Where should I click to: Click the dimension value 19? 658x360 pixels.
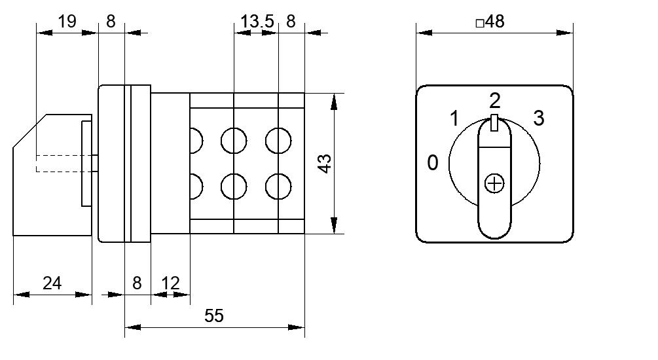click(67, 21)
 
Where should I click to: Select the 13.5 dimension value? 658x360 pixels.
click(257, 21)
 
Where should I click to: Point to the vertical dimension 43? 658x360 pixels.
click(325, 164)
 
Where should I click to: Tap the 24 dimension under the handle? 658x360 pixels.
click(52, 283)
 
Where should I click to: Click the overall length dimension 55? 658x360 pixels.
click(214, 316)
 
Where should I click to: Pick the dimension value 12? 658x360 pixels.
click(170, 283)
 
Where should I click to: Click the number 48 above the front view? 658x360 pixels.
click(495, 22)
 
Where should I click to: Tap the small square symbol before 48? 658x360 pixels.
click(480, 23)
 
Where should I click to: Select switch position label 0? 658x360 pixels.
click(433, 163)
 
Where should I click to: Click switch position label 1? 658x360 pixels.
click(454, 118)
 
